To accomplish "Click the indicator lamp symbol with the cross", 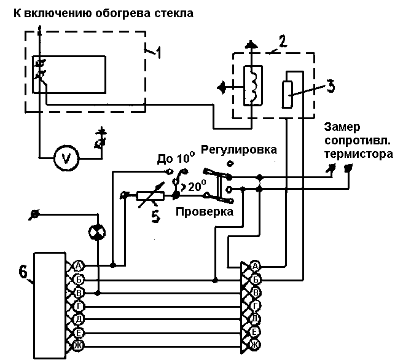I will (96, 230).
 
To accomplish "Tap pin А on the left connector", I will (78, 265).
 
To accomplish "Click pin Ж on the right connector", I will (256, 345).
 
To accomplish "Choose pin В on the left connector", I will (78, 292).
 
